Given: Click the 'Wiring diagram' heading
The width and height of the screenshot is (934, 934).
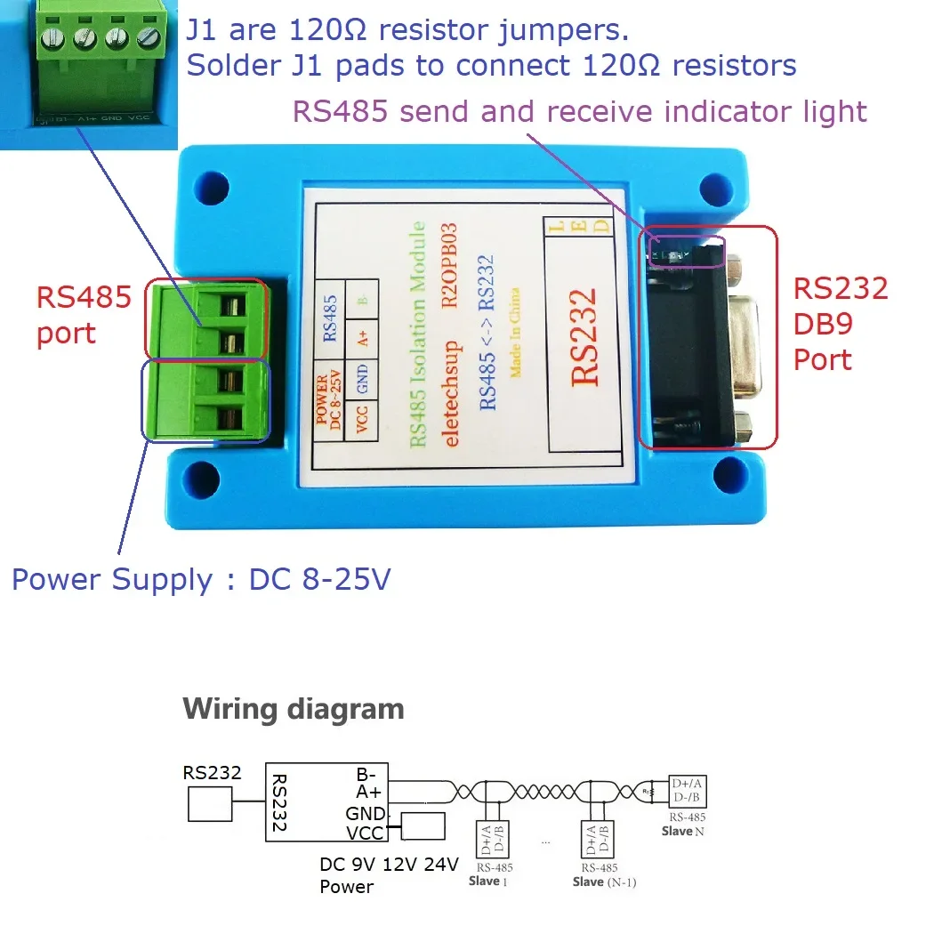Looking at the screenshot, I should [293, 709].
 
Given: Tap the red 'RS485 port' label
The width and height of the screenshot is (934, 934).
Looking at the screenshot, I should [84, 314].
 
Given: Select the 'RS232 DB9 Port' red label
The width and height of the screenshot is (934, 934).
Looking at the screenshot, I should [840, 324].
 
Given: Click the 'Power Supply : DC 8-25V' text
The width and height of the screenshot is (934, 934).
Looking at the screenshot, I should [201, 580].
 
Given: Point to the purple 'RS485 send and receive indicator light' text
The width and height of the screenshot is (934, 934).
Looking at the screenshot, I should [579, 112].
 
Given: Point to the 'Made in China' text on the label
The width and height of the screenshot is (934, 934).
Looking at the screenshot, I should [515, 332].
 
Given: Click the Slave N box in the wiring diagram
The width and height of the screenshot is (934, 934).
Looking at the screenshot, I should [688, 792].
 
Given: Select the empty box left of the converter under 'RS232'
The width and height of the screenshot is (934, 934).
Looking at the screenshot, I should [210, 807].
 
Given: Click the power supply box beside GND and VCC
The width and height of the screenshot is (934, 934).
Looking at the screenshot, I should [423, 825].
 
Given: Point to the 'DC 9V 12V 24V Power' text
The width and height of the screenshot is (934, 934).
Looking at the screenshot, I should [389, 874].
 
